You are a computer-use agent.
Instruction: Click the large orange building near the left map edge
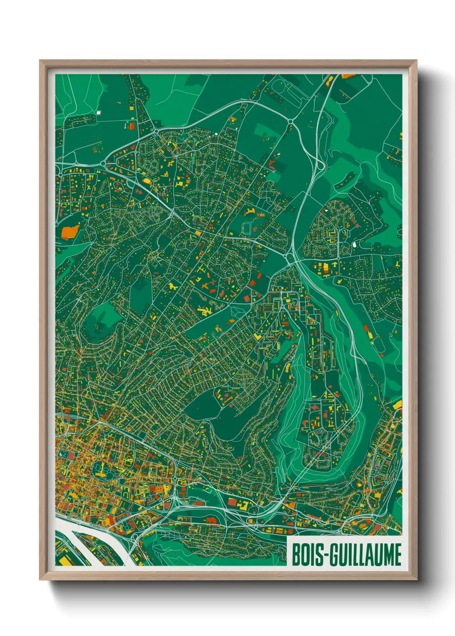69,232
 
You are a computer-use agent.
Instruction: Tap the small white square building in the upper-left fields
98,113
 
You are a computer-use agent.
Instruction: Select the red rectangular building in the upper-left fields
132,126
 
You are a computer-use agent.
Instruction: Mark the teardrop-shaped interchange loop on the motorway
319,164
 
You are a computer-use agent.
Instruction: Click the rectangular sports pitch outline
246,228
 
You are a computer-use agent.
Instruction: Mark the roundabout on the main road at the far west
104,164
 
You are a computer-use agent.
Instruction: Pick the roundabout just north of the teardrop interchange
291,122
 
